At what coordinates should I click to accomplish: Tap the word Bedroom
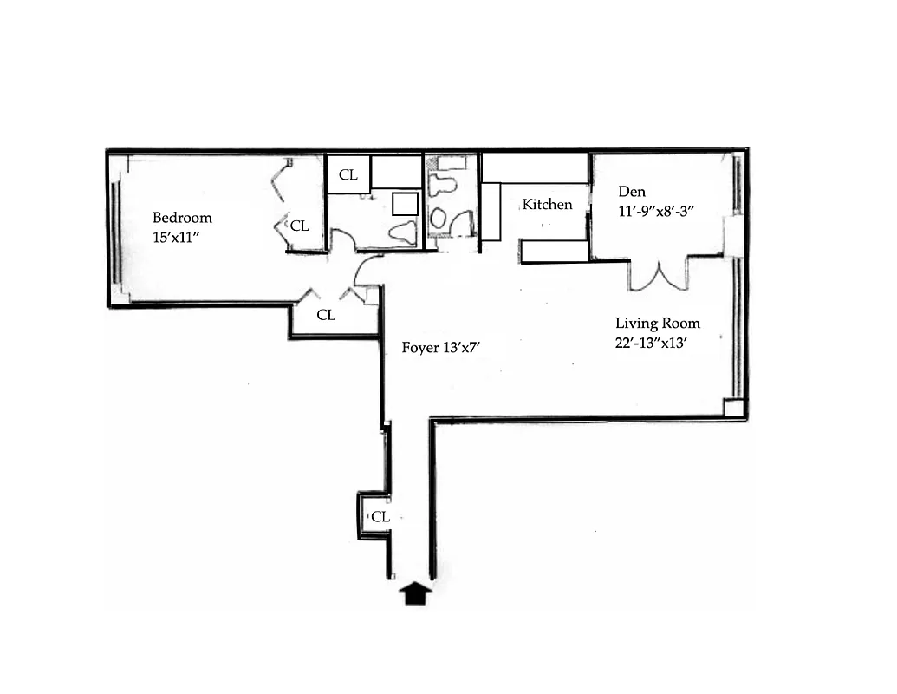coord(182,218)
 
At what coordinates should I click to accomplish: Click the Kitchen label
coord(547,205)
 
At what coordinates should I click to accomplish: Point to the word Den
coord(630,191)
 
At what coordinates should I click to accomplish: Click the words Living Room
coord(657,324)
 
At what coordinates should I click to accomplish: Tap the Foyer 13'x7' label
coord(441,348)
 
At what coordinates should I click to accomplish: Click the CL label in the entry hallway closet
coord(380,517)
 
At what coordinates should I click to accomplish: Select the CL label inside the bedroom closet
coord(299,226)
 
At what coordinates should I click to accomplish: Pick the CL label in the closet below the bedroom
coord(326,316)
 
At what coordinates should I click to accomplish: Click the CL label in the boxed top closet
coord(348,175)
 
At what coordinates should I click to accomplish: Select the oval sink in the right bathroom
coord(439,218)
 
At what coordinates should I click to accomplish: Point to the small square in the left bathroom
coord(405,204)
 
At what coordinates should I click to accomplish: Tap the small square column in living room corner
coord(734,408)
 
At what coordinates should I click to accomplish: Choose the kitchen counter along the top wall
coord(535,168)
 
